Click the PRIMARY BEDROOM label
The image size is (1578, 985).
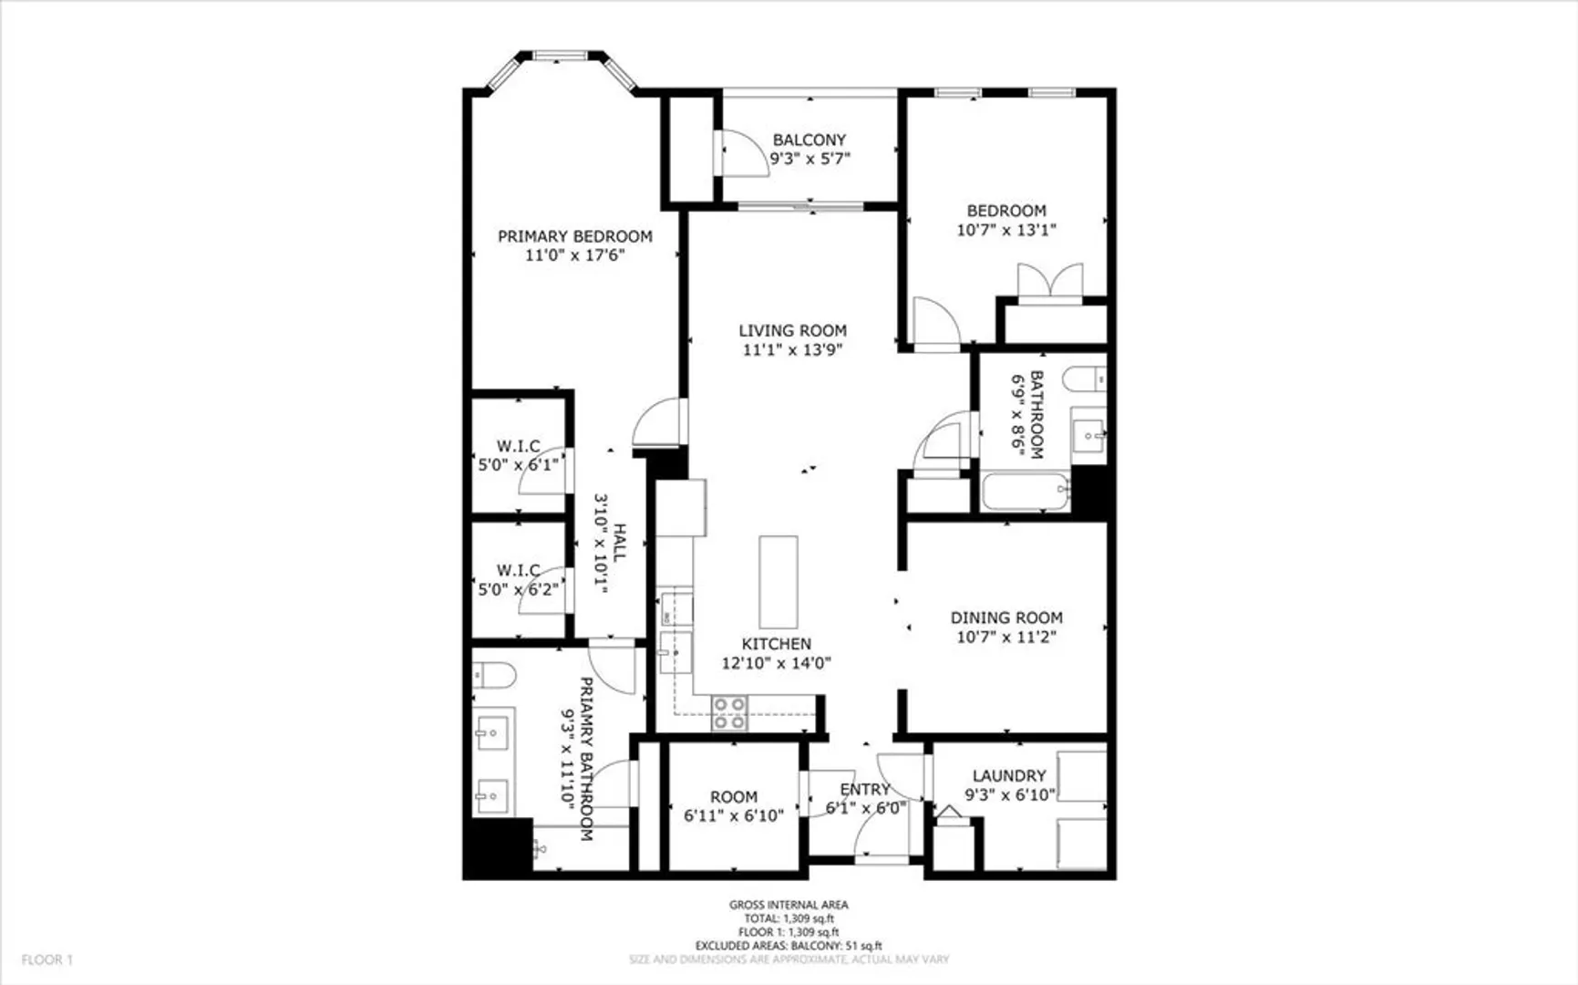[574, 236]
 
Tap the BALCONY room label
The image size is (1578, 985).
[810, 140]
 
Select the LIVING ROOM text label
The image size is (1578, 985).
[792, 330]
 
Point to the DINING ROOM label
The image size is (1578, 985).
[1006, 617]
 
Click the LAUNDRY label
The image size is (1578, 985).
[1008, 775]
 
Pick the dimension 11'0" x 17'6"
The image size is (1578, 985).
[574, 255]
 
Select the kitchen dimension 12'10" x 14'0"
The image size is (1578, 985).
[776, 663]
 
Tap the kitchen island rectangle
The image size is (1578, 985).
[779, 582]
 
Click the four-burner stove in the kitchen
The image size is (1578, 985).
[729, 713]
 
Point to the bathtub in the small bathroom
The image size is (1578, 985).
[1025, 492]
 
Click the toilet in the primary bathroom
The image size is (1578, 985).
[493, 676]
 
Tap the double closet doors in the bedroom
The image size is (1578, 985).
[1050, 281]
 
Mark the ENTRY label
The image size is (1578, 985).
[864, 789]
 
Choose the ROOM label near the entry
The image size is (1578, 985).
[734, 796]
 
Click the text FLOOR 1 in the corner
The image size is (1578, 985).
[47, 959]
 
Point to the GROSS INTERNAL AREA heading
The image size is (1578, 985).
[789, 905]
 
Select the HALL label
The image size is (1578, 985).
[620, 542]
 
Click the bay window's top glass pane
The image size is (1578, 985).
[560, 57]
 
